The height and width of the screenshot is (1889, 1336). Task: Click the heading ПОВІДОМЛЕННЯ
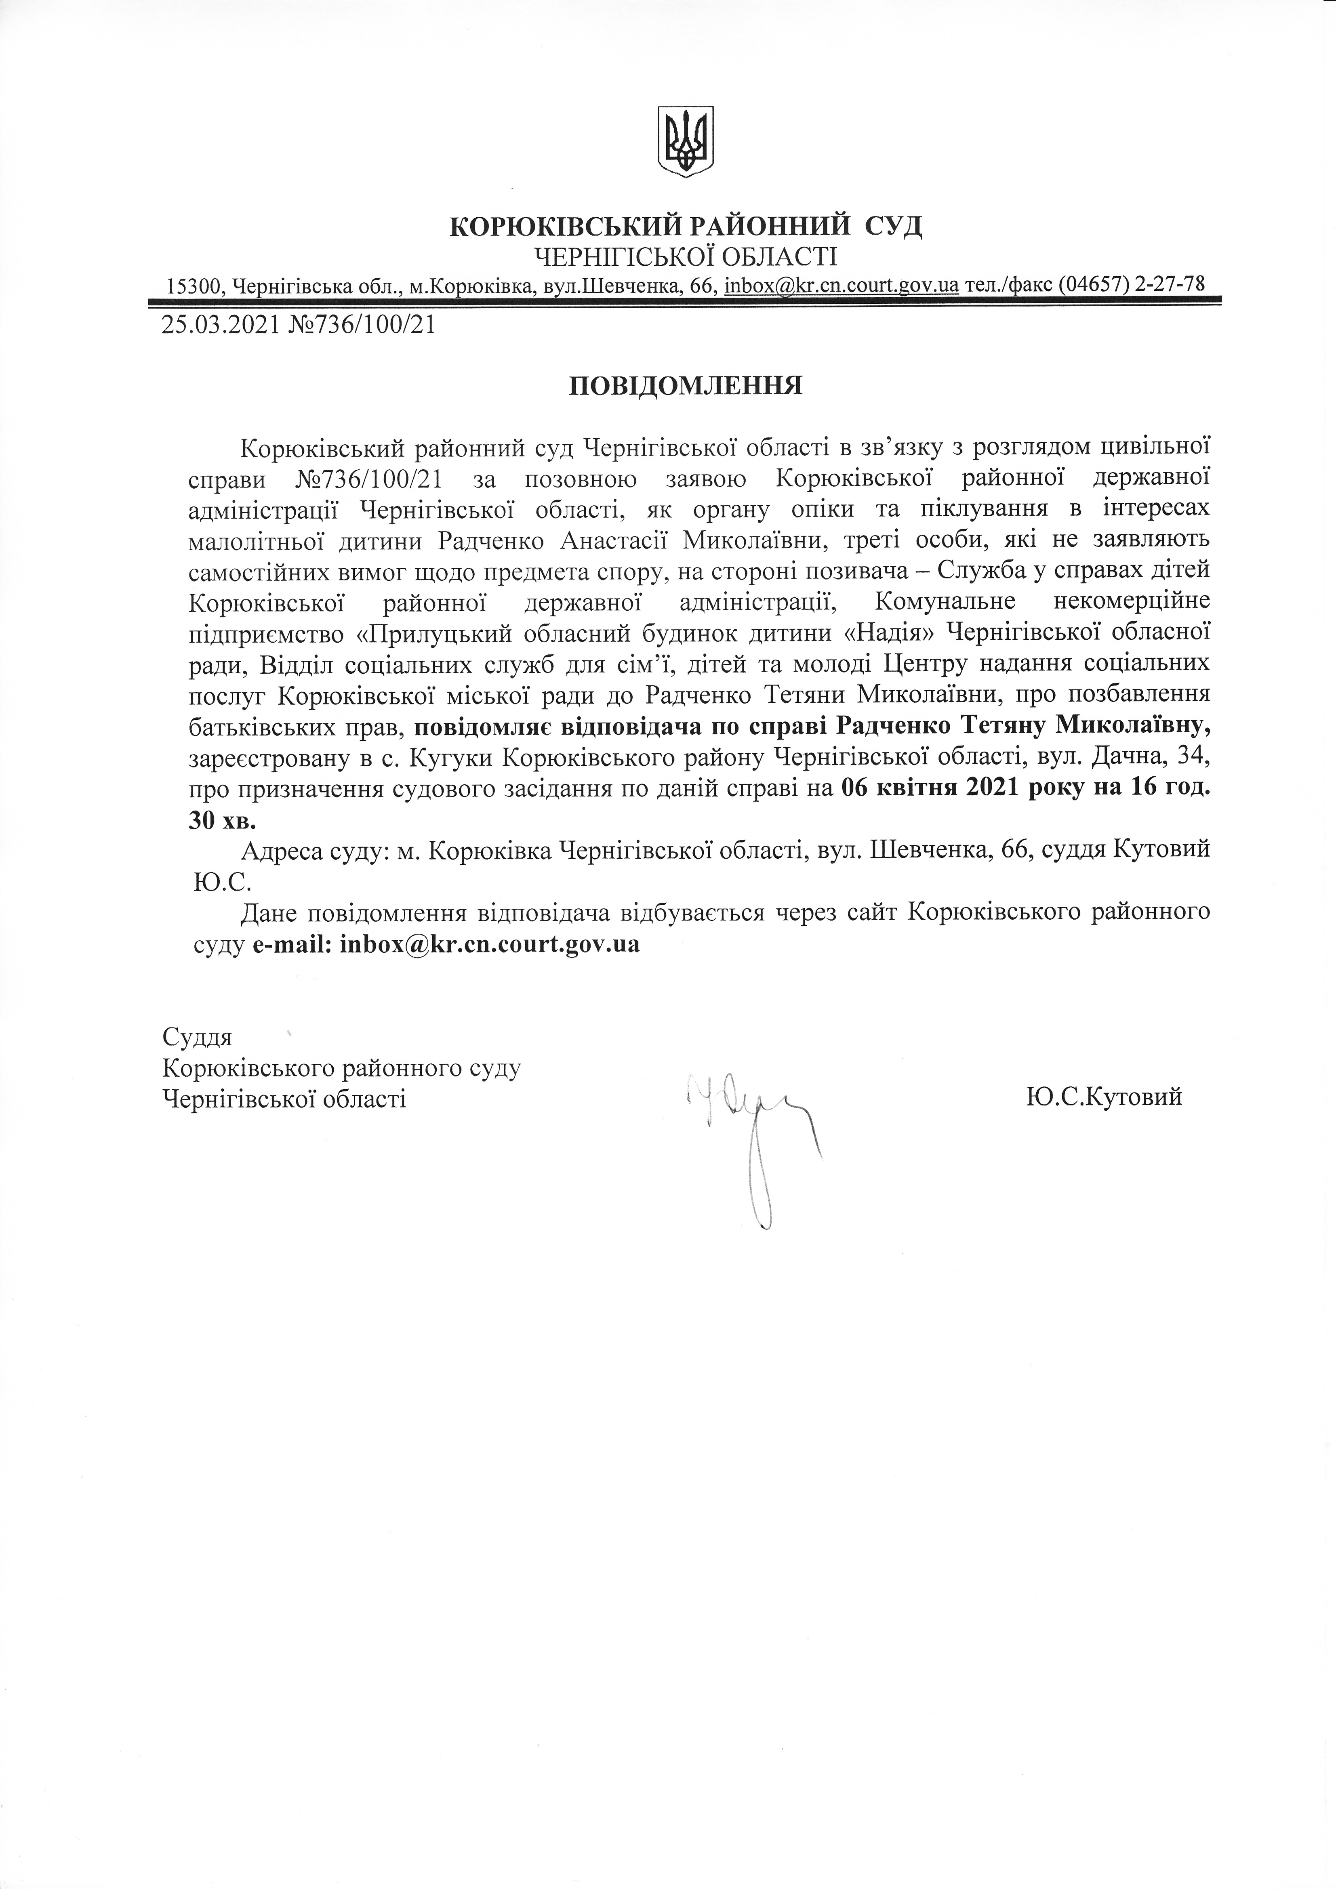(x=686, y=386)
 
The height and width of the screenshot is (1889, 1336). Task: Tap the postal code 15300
(x=194, y=286)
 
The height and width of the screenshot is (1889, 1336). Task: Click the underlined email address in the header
(x=841, y=286)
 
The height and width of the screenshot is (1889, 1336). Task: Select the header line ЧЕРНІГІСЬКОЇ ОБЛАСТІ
(x=686, y=258)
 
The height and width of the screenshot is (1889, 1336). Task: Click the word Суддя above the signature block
(x=198, y=1036)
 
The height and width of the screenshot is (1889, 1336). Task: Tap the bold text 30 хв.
(x=223, y=820)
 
